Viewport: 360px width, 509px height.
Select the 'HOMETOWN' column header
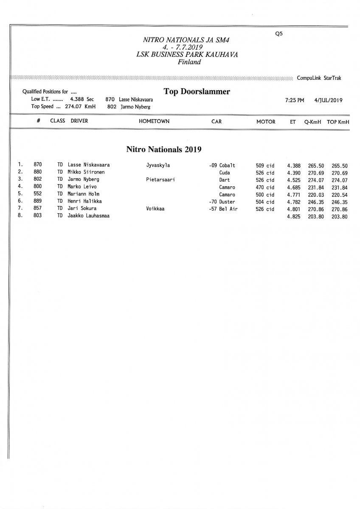pyautogui.click(x=154, y=121)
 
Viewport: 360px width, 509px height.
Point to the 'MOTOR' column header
pyautogui.click(x=266, y=122)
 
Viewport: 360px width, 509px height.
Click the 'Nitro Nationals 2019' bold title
pyautogui.click(x=163, y=149)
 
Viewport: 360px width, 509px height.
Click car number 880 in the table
pyautogui.click(x=37, y=173)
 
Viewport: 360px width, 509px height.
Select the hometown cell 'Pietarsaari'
pyautogui.click(x=160, y=180)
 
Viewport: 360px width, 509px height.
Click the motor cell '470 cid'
pyautogui.click(x=265, y=187)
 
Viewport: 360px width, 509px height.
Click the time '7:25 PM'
pyautogui.click(x=295, y=101)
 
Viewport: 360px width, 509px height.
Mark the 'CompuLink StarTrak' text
pyautogui.click(x=319, y=78)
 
